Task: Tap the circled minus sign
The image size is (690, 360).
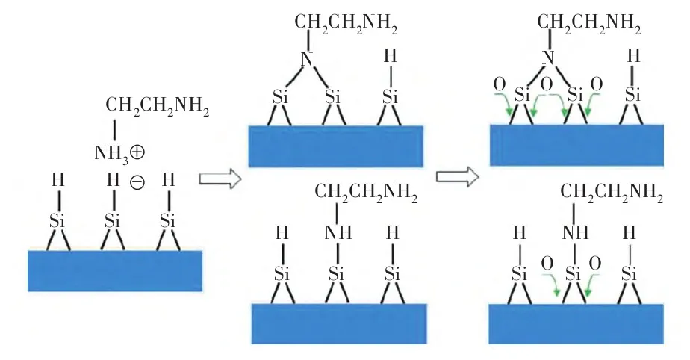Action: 137,181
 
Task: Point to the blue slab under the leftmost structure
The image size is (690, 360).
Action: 114,270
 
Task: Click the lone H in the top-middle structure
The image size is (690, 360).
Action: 389,58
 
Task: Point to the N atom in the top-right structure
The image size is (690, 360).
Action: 549,57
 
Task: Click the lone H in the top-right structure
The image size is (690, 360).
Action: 633,57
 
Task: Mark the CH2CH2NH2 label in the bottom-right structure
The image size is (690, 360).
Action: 612,197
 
